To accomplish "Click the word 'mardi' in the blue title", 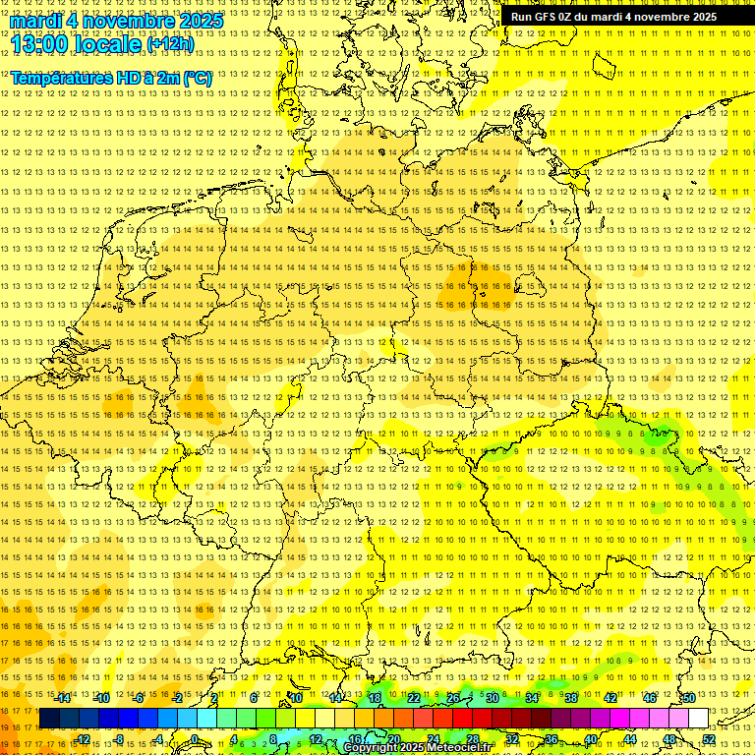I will coord(35,21).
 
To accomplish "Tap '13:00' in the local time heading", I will coord(38,43).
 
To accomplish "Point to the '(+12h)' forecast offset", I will coord(170,44).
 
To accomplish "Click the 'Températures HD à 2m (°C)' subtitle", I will coord(111,78).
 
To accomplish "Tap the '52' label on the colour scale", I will coord(709,739).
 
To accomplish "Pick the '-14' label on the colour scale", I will coord(63,698).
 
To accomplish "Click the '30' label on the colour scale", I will coord(493,698).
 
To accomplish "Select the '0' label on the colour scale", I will coord(196,739).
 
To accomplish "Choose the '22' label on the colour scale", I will coord(414,698).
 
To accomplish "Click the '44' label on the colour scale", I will coord(630,739).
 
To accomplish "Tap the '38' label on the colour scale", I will coord(571,698).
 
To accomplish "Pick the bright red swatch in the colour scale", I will coord(462,719).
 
